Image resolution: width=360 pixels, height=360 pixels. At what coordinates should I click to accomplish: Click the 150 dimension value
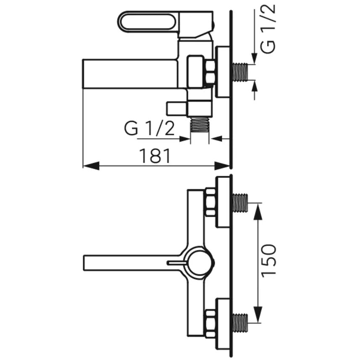pos(268,260)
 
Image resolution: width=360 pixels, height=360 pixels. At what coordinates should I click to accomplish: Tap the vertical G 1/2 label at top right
pos(268,29)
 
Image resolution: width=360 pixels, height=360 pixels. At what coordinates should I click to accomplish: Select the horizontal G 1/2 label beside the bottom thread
pos(149,129)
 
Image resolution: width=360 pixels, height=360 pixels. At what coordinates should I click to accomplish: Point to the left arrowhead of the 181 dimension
pos(91,166)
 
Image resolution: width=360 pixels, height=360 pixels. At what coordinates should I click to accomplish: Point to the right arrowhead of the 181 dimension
pos(222,166)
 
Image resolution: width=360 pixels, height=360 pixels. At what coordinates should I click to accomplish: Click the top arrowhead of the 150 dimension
pos(258,211)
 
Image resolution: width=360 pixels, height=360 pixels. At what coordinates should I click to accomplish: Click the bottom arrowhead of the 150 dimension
pos(258,314)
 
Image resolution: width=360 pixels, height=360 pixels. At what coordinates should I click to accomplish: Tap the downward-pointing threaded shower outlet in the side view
pos(200,124)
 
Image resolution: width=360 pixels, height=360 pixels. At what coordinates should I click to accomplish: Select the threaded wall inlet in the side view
pos(240,72)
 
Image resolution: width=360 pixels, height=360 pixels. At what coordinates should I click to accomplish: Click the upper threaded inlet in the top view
pos(240,203)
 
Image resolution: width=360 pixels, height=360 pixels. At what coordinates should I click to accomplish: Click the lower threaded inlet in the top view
pos(240,323)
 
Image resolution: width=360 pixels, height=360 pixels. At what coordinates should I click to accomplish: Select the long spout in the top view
pos(131,263)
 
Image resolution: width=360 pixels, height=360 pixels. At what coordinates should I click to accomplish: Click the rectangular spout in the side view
pos(130,74)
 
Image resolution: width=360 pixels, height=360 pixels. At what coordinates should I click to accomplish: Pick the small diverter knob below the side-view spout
pos(177,108)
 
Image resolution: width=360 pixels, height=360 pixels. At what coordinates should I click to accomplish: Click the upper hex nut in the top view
pos(210,202)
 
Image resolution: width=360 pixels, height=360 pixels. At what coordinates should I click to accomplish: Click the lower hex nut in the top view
pos(210,323)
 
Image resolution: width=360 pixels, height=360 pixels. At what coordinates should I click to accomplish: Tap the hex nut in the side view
pos(210,72)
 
